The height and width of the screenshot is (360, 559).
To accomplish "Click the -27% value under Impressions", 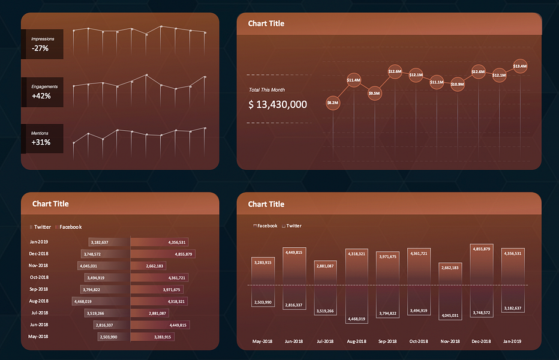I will pyautogui.click(x=41, y=49).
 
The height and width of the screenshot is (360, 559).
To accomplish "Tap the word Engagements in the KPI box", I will pyautogui.click(x=45, y=86).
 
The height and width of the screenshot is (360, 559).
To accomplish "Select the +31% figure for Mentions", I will pyautogui.click(x=41, y=143).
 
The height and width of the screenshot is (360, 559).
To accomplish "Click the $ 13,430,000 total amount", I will pyautogui.click(x=278, y=105).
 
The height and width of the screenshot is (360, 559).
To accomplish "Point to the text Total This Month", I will pyautogui.click(x=267, y=90).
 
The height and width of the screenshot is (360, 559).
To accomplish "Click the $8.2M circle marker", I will pyautogui.click(x=332, y=103).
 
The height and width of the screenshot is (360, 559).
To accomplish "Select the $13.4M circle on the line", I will pyautogui.click(x=520, y=66).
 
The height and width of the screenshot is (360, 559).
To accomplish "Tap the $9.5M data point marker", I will pyautogui.click(x=374, y=94).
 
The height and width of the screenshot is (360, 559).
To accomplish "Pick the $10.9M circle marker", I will pyautogui.click(x=457, y=85).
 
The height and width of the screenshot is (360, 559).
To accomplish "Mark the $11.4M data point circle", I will pyautogui.click(x=353, y=80).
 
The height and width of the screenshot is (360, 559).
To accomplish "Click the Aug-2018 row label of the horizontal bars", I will pyautogui.click(x=39, y=301).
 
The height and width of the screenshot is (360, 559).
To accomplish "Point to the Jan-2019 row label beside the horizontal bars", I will pyautogui.click(x=39, y=242).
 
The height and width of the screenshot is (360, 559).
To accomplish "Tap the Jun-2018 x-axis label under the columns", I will pyautogui.click(x=293, y=341).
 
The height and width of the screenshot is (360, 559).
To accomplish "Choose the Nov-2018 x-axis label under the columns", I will pyautogui.click(x=450, y=341).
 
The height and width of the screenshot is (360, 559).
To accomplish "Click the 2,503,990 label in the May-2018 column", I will pyautogui.click(x=262, y=302).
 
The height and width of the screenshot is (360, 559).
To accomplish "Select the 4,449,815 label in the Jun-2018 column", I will pyautogui.click(x=293, y=252).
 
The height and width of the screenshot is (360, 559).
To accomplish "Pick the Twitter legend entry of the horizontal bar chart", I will pyautogui.click(x=41, y=227).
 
